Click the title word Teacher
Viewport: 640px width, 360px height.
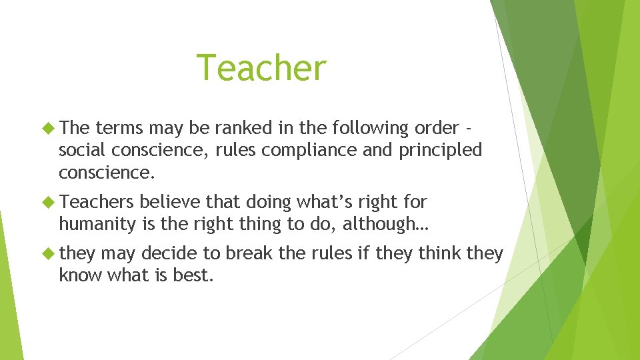pyautogui.click(x=261, y=69)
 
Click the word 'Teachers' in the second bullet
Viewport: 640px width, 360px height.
pyautogui.click(x=100, y=201)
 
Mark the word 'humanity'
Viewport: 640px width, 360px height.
pyautogui.click(x=98, y=225)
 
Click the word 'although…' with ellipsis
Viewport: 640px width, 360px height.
pyautogui.click(x=387, y=225)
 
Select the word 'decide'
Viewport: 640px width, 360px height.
pyautogui.click(x=169, y=253)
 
